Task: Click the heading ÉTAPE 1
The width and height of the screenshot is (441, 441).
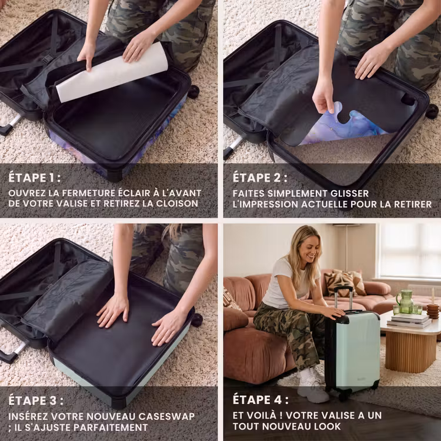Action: click(34, 178)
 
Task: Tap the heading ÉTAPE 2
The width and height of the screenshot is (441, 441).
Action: click(260, 178)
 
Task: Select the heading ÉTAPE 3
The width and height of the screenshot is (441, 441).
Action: click(36, 400)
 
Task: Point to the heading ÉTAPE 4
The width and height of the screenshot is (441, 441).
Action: click(260, 400)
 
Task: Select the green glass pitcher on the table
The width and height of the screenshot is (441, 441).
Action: click(405, 301)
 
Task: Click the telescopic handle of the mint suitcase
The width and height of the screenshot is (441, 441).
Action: click(343, 298)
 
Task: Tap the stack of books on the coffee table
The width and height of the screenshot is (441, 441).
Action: click(409, 320)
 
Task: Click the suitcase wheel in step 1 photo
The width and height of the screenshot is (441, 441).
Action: click(193, 92)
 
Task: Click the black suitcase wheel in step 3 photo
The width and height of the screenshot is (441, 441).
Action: click(196, 320)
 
